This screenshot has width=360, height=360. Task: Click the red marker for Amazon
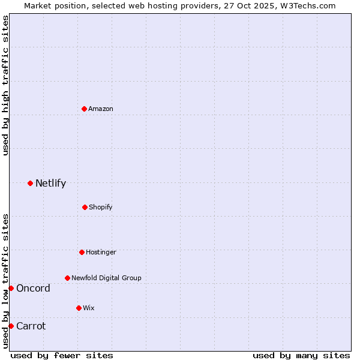(85, 109)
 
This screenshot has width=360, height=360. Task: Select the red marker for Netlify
(30, 183)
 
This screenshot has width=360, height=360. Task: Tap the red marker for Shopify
(85, 207)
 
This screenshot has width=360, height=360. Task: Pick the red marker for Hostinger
(82, 252)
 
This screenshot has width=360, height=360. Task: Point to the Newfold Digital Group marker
(67, 278)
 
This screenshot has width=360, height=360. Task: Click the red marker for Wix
(79, 308)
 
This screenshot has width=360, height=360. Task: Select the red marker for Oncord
(11, 288)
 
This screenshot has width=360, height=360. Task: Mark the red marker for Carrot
(11, 326)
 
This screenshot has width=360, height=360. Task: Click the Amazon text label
(101, 109)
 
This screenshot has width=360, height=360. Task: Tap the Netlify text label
(50, 183)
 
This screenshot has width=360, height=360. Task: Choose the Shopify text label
(101, 207)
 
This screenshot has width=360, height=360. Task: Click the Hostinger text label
(101, 252)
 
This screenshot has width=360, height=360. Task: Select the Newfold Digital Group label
(106, 278)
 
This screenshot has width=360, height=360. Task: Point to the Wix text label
(89, 308)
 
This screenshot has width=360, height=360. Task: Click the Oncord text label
(33, 288)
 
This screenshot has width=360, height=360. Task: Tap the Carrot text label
(31, 326)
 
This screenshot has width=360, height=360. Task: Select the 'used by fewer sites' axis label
(62, 355)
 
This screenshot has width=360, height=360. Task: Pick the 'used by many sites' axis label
(301, 355)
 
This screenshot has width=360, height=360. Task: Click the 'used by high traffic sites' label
(5, 85)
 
